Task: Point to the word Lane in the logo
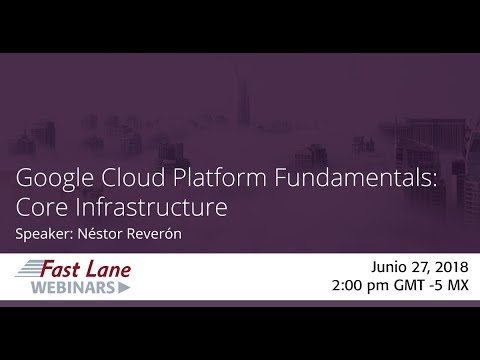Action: pos(107,268)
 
